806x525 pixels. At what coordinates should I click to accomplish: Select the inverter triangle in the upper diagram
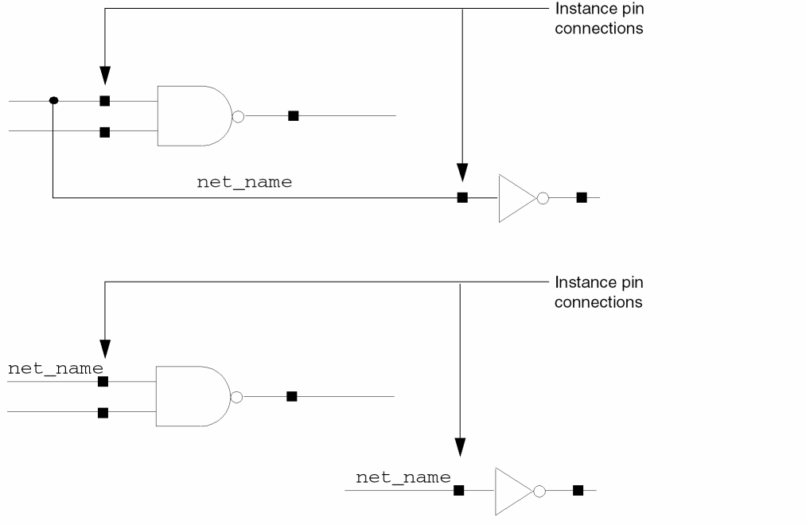click(x=516, y=198)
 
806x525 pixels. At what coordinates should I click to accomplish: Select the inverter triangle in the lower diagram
click(x=512, y=491)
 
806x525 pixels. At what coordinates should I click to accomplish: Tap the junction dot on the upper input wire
click(x=53, y=101)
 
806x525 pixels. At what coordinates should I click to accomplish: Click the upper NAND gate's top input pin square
click(x=104, y=101)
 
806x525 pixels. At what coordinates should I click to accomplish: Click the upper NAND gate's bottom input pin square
click(x=104, y=132)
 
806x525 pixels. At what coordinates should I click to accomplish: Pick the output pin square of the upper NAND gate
click(x=293, y=116)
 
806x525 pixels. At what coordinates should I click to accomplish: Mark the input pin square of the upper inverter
click(x=462, y=197)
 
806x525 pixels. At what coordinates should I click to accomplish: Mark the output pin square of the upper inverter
click(x=582, y=197)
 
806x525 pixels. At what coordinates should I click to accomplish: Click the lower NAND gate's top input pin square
click(x=103, y=382)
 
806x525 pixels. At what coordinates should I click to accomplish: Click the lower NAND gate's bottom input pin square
click(x=103, y=412)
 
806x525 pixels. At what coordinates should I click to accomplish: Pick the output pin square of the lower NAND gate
click(x=291, y=396)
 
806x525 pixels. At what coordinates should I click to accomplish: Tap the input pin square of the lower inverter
click(x=458, y=491)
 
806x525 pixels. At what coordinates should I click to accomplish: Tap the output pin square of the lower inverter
click(x=578, y=491)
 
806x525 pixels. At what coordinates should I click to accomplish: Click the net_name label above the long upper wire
click(x=244, y=182)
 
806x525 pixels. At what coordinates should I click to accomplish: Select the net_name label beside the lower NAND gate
click(x=55, y=368)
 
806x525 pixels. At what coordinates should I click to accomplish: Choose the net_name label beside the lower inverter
click(x=403, y=477)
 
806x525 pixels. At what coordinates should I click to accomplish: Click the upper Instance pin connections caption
click(x=598, y=18)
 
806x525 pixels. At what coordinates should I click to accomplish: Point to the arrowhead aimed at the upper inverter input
click(x=462, y=172)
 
